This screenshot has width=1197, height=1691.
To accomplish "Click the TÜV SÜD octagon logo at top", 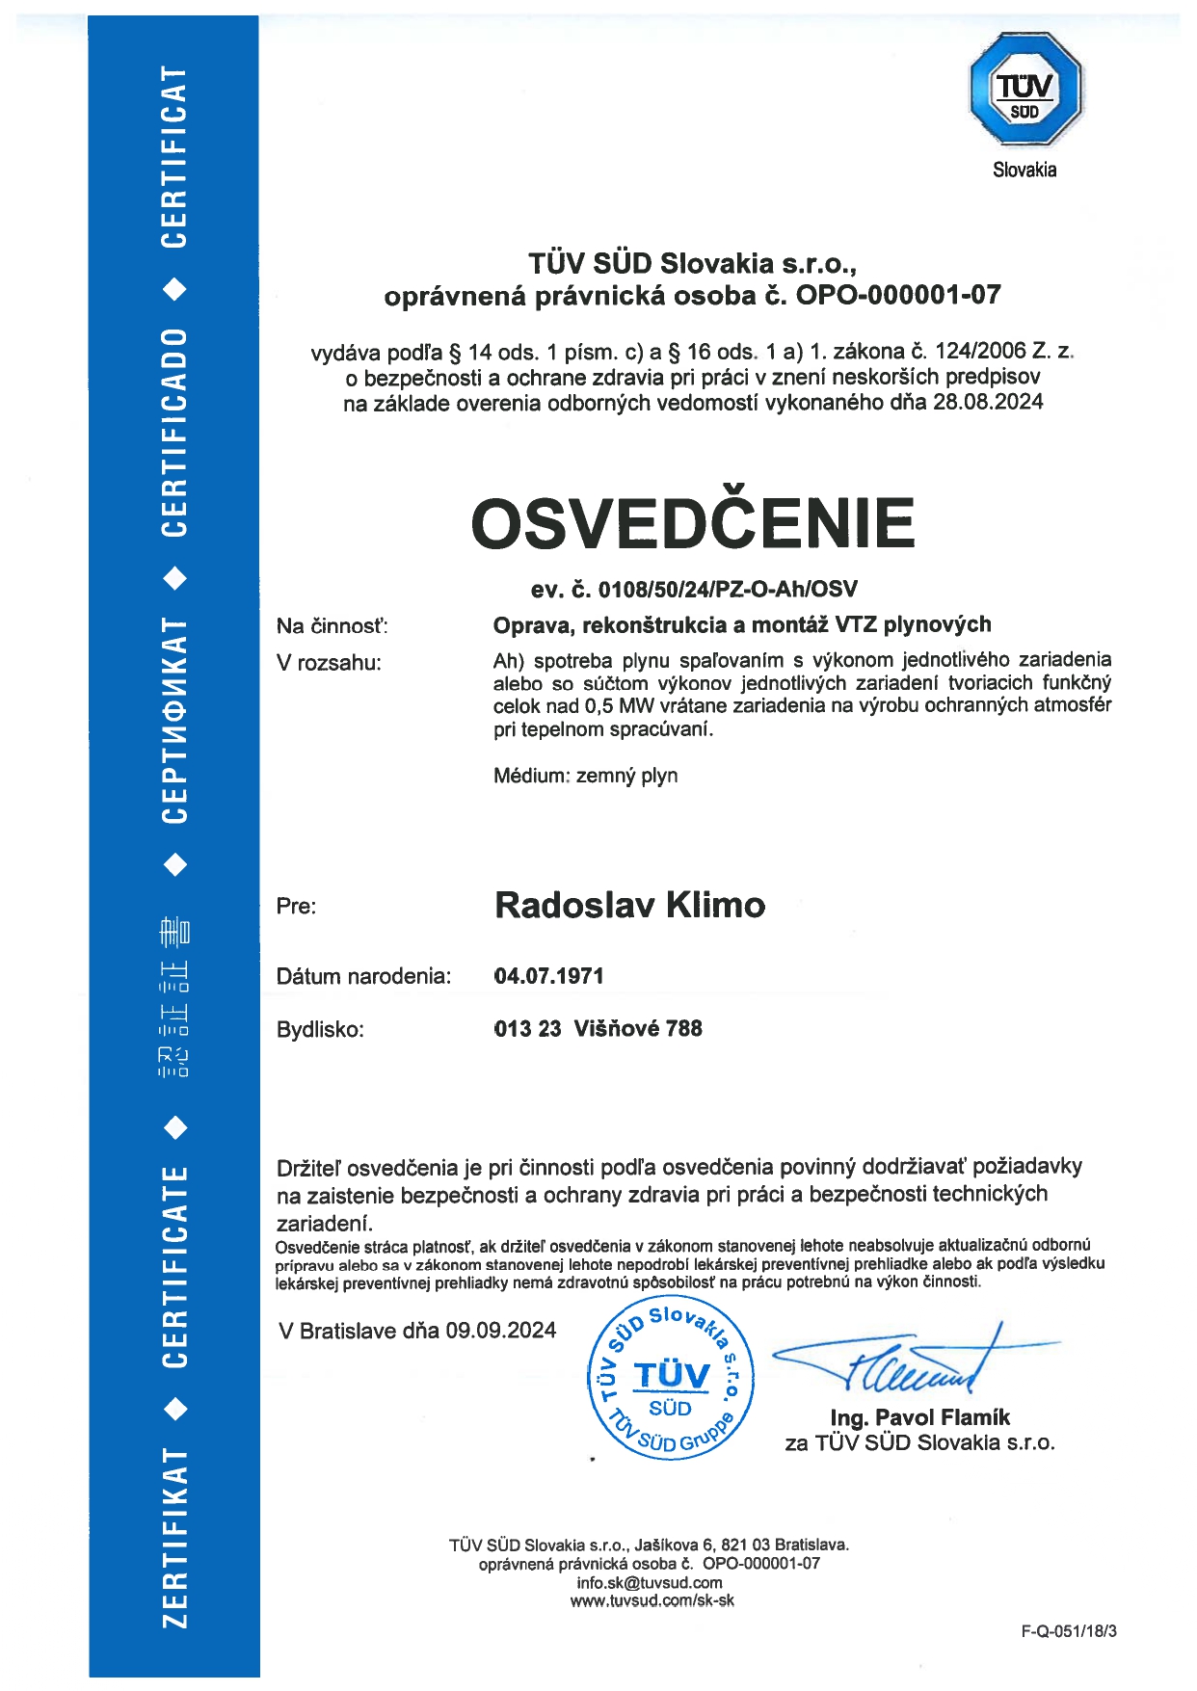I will (1024, 89).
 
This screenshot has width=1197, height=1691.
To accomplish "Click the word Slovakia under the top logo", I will (1024, 170).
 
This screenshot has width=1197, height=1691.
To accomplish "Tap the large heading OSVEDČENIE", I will (692, 523).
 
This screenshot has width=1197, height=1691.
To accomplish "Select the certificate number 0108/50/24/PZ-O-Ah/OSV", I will (728, 589).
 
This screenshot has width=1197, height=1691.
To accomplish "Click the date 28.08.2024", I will (988, 402).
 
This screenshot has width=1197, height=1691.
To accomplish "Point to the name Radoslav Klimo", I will (629, 905).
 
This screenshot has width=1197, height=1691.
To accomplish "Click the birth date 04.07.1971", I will (548, 976).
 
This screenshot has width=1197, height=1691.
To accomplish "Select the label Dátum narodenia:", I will (363, 976).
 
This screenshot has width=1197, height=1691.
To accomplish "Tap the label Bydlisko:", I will (320, 1029).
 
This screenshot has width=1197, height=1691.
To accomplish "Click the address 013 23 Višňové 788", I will (598, 1028).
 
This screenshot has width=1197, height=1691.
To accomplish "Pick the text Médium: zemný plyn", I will (585, 776).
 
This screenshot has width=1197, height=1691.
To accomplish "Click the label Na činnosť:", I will (332, 626).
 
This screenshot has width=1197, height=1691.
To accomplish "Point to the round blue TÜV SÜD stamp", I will (671, 1379).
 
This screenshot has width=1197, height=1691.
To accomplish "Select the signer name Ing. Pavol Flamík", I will (919, 1417).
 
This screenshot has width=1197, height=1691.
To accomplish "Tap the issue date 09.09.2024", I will (501, 1331).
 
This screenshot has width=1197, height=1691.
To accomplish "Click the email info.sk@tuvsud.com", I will (649, 1582).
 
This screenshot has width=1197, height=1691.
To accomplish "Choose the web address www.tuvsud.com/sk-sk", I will (652, 1600).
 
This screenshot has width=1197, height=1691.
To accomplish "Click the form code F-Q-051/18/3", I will (1069, 1631).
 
